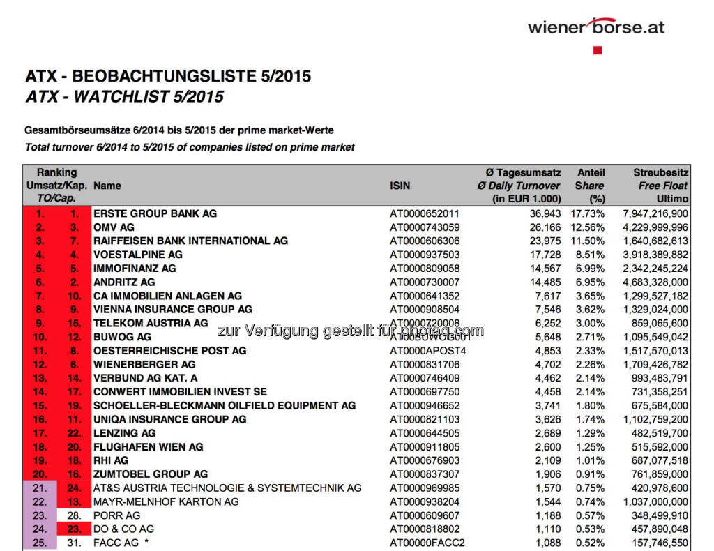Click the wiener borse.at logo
pyautogui.click(x=595, y=27)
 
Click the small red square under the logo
pyautogui.click(x=597, y=50)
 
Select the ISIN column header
pyautogui.click(x=400, y=186)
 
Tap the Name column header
pyautogui.click(x=107, y=186)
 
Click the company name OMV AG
pyautogui.click(x=114, y=227)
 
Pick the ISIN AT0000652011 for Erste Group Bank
pyautogui.click(x=425, y=213)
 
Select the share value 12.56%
pyautogui.click(x=589, y=227)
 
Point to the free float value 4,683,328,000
pyautogui.click(x=654, y=282)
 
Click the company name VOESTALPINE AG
pyautogui.click(x=138, y=255)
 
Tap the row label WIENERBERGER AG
pyautogui.click(x=144, y=364)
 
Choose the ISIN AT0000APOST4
pyautogui.click(x=427, y=350)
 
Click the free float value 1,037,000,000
pyautogui.click(x=654, y=501)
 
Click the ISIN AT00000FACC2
pyautogui.click(x=427, y=543)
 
